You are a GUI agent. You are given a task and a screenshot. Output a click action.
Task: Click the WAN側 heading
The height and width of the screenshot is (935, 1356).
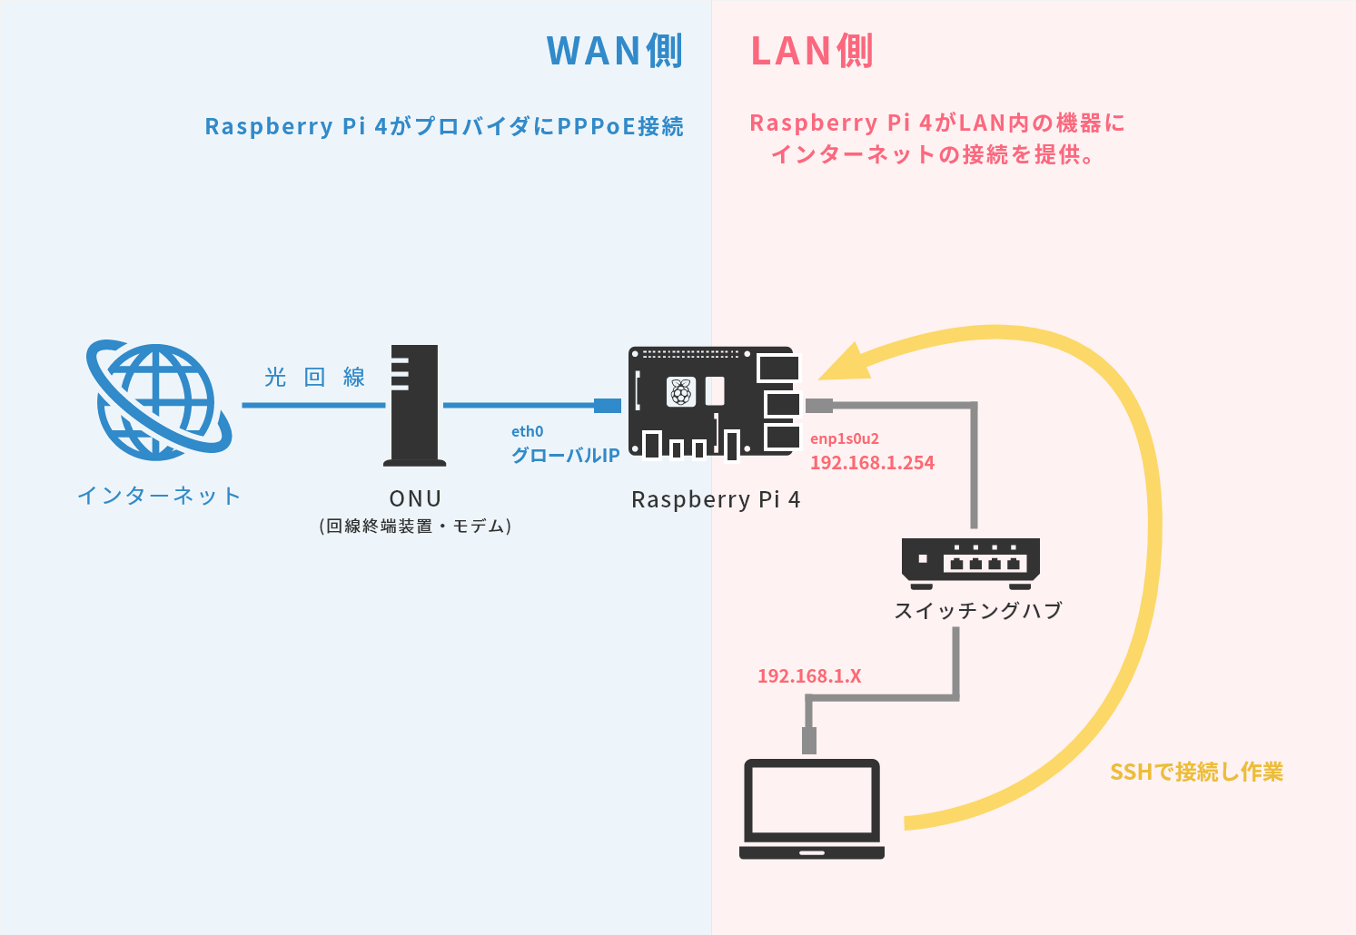614,51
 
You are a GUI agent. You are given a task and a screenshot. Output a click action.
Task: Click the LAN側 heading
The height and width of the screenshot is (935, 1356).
811,51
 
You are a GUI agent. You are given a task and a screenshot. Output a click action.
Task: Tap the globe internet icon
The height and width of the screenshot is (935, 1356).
158,399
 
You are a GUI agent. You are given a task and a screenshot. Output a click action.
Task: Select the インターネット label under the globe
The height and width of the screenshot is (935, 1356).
159,496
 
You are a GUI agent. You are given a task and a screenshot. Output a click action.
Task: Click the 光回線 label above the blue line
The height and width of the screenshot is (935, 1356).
314,377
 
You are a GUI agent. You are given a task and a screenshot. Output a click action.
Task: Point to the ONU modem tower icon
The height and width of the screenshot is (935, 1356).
415,405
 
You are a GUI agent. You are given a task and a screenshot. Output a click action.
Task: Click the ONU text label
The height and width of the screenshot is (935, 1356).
415,498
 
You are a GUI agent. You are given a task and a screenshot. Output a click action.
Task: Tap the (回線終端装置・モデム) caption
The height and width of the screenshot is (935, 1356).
415,527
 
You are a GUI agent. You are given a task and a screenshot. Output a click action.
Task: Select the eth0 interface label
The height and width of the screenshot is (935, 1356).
527,432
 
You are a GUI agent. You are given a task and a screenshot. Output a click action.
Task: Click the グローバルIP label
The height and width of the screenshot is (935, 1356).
565,456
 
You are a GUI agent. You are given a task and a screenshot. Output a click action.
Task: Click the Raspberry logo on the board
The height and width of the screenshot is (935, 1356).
680,392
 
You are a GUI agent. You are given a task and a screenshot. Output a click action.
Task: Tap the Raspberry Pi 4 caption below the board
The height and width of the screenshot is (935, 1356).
716,499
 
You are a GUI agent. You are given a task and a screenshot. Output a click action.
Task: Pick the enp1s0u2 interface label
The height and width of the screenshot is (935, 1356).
845,439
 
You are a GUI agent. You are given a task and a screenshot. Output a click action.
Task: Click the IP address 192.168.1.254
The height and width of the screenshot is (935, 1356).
872,463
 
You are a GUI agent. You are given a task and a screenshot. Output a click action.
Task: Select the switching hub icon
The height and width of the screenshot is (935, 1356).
970,562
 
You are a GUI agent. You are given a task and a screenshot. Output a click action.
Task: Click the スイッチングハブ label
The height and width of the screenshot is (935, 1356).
978,611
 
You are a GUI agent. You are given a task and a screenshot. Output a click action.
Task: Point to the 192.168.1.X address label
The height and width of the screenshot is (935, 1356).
809,676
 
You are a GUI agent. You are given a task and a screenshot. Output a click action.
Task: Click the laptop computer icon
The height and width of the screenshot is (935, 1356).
812,809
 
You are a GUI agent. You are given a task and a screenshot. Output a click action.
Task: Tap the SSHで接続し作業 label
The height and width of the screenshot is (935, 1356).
1196,773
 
